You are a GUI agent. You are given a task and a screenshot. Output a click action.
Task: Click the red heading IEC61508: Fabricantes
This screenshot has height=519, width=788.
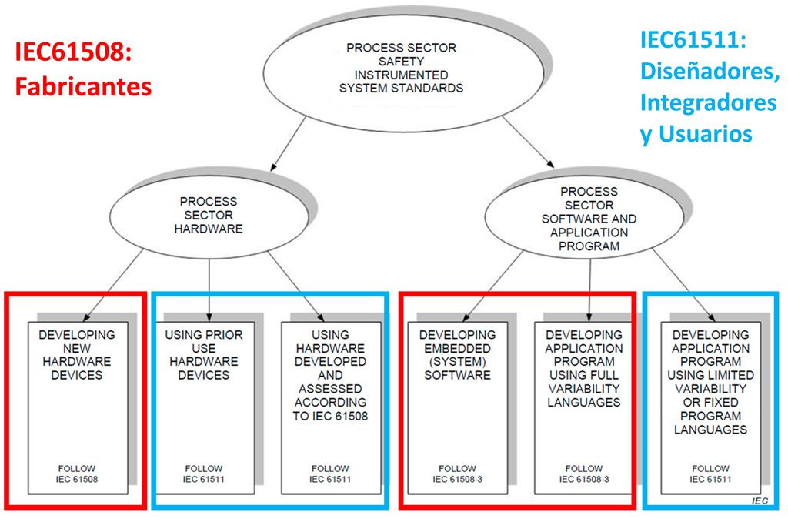82,69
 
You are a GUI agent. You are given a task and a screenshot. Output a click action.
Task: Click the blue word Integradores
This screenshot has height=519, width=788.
708,102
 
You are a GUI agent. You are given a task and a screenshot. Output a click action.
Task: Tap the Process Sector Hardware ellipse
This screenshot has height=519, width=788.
208,215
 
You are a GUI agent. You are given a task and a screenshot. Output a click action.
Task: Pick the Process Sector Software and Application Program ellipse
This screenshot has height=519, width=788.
589,219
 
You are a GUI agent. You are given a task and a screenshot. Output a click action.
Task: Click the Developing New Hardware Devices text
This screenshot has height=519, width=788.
77,355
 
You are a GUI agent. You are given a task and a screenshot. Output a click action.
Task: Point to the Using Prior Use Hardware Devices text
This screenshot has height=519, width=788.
203,355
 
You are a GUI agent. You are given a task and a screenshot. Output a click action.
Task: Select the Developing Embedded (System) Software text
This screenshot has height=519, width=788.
457,355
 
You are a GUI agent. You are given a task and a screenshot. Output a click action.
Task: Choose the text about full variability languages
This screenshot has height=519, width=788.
583,369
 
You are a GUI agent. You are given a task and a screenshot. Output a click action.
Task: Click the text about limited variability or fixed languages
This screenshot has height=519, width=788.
710,382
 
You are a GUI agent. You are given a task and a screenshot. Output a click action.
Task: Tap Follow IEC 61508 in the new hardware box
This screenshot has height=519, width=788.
76,474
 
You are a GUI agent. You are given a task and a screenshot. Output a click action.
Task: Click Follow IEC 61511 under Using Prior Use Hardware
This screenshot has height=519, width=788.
203,474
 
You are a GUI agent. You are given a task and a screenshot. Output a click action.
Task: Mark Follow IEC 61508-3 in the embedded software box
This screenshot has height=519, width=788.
457,474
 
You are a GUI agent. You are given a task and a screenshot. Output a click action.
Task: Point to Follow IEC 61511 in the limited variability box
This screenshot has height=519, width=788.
710,474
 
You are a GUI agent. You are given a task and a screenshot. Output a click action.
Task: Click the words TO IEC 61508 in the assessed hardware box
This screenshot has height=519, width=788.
330,416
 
